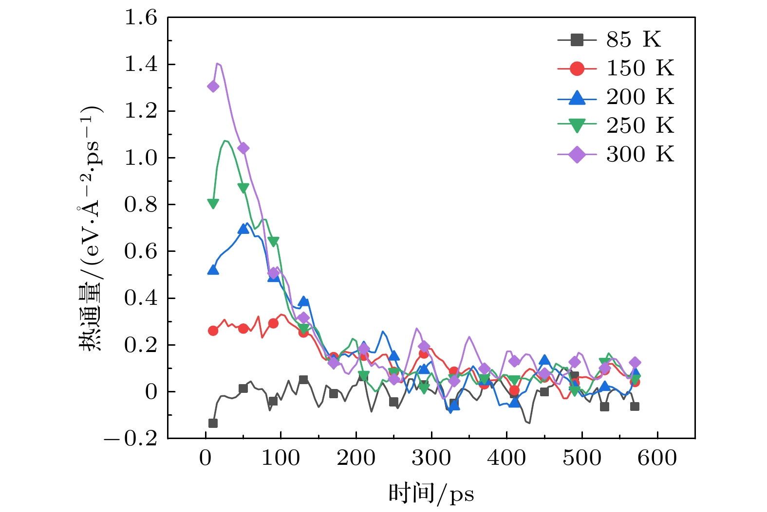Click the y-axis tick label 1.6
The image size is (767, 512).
pos(141,18)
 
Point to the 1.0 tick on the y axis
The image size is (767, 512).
pos(141,158)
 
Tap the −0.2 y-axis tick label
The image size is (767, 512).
pos(131,439)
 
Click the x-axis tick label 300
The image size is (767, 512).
pos(431,458)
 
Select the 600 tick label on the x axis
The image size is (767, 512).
pos(657,458)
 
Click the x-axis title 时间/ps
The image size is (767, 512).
pos(431,494)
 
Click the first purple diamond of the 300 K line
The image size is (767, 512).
pos(213,87)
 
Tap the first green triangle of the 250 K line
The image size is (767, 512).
pos(213,203)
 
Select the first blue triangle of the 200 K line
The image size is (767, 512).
pos(213,269)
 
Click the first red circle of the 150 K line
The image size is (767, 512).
pos(213,331)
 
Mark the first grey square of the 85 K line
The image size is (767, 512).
pos(213,423)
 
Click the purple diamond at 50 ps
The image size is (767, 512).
pos(243,148)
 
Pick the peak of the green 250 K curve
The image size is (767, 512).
pos(225,141)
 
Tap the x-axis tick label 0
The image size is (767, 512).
pos(206,458)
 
